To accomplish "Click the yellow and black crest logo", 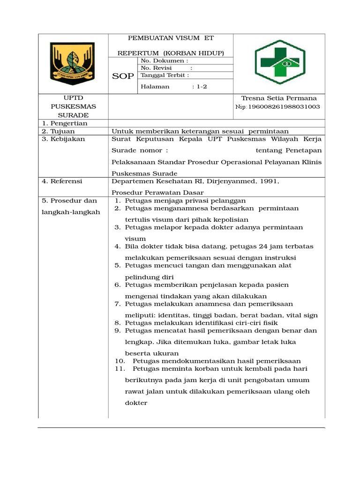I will click(x=72, y=62).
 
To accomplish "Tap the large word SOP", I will click(x=123, y=76).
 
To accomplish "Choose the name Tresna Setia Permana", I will click(x=278, y=98).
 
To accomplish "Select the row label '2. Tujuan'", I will click(x=59, y=132).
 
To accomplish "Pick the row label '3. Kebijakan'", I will click(x=62, y=139).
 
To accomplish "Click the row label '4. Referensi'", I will click(x=62, y=180).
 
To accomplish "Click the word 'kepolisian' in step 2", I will click(x=231, y=219).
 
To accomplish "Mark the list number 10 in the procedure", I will click(x=120, y=361).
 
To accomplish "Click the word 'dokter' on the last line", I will click(x=136, y=403).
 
